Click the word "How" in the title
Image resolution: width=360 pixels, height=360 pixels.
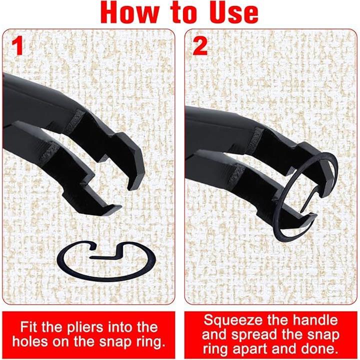[x=130, y=12]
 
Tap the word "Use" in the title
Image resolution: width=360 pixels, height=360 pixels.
[x=232, y=12]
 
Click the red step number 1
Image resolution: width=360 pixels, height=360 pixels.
[x=17, y=46]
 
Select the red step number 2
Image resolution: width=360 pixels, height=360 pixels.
[x=200, y=46]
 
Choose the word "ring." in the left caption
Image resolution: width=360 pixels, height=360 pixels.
[x=149, y=342]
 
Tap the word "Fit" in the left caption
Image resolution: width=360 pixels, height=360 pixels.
[x=28, y=326]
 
